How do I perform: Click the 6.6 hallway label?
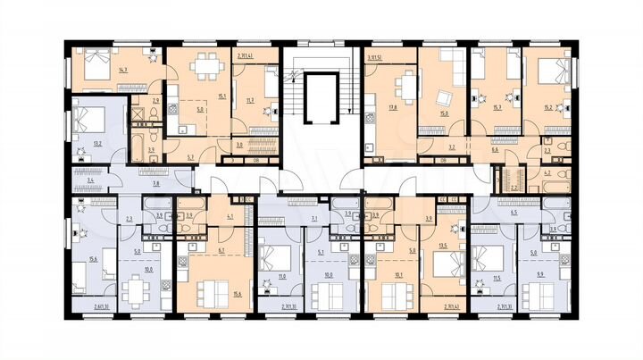(494, 150)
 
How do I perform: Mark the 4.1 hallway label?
(230, 216)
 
